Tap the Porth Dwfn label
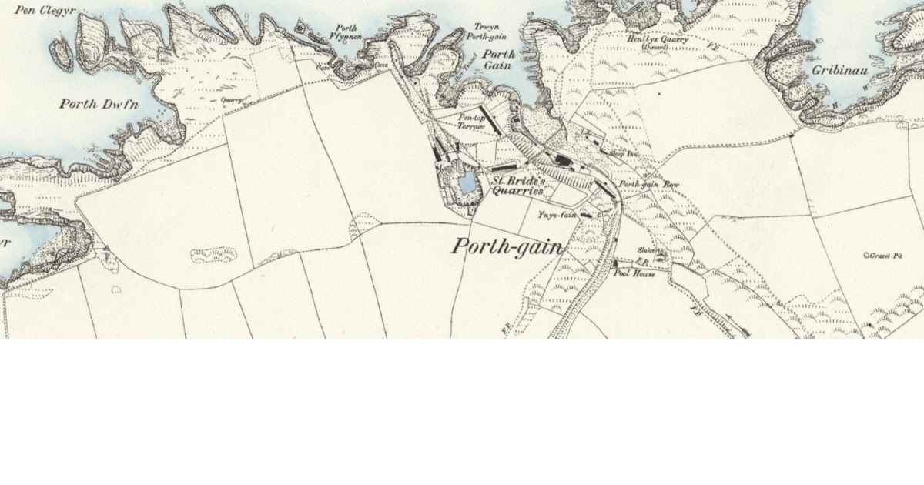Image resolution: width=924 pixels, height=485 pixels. pos(101,104)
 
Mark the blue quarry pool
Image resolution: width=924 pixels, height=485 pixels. pos(466,183)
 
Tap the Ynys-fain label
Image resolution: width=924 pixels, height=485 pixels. pos(558,216)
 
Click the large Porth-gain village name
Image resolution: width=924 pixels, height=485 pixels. pos(507,247)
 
